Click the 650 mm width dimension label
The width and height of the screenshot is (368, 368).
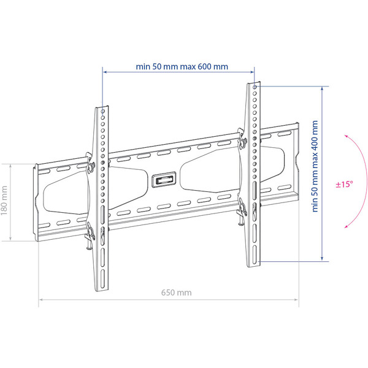pos(176,293)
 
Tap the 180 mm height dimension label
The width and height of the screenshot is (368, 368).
pos(4,201)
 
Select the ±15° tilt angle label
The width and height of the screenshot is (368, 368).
pos(344,184)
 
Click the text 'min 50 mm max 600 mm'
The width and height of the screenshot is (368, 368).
pos(182,66)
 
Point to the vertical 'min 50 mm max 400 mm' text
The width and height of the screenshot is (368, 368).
pos(315,166)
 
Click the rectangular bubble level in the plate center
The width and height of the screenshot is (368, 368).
pos(164,180)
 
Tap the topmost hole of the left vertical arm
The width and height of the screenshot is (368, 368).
pos(103,111)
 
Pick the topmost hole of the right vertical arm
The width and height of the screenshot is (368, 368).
pos(255,87)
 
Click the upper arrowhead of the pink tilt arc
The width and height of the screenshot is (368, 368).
pos(346,136)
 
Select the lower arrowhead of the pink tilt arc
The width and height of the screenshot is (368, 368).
pos(346,226)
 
